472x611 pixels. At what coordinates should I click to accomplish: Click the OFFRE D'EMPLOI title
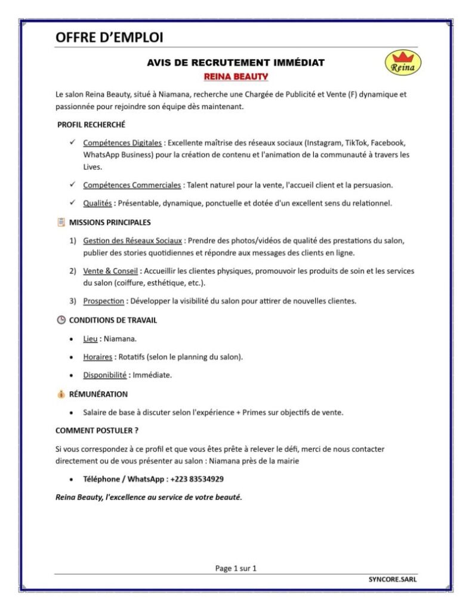[109, 38]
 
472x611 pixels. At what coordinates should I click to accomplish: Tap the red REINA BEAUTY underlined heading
[236, 77]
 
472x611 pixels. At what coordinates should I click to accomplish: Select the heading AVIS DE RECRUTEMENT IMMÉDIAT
[236, 63]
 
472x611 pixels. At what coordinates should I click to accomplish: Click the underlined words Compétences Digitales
[122, 143]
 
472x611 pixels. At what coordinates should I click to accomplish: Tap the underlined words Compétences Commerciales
[132, 185]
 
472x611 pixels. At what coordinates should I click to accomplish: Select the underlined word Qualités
[98, 203]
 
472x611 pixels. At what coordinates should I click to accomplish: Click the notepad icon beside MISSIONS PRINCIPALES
[61, 223]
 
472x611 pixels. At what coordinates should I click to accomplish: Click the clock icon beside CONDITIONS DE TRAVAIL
[61, 320]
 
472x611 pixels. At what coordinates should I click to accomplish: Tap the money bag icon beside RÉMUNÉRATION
[61, 394]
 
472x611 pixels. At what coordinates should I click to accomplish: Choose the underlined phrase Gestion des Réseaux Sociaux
[132, 240]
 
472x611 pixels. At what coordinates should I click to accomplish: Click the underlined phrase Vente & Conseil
[110, 271]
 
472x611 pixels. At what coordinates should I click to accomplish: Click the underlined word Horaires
[98, 357]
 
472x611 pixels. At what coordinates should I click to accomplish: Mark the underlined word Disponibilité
[105, 375]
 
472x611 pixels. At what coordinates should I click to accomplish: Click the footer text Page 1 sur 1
[236, 568]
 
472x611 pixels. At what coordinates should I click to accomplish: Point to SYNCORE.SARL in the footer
[393, 579]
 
